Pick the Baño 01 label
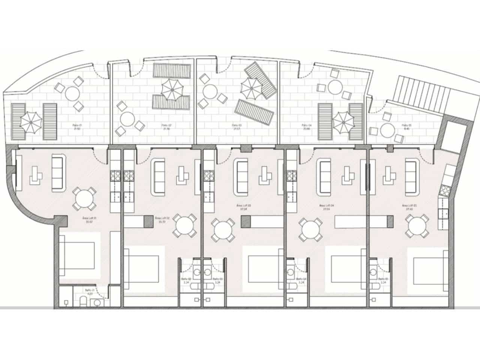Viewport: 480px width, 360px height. tap(89, 292)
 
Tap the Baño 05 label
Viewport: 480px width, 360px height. tap(382, 281)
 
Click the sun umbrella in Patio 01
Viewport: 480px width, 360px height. tap(31, 121)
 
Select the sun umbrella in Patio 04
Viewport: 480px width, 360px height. tap(343, 121)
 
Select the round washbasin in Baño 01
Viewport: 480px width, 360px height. tap(97, 302)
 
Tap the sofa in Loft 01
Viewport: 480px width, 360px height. tap(57, 172)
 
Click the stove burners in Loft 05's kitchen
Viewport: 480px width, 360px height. tap(447, 190)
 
